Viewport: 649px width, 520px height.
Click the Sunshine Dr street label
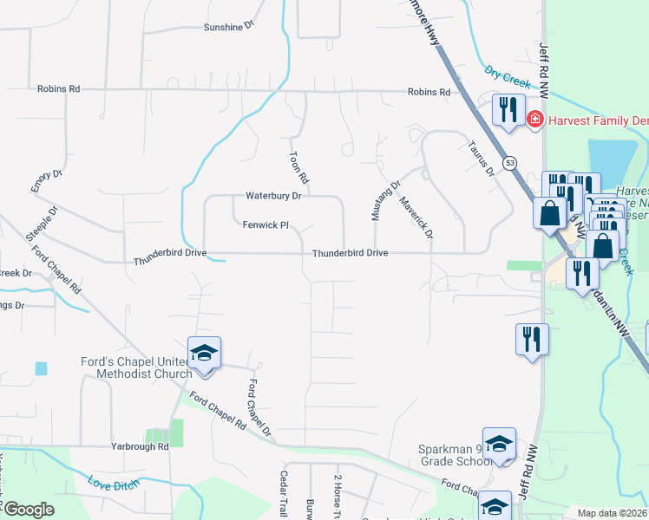pos(228,27)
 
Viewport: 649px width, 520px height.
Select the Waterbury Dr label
pos(272,196)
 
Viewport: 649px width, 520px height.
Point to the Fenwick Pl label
pos(265,224)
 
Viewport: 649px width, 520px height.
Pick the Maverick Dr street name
pos(416,217)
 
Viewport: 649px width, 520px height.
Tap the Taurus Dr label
pos(480,159)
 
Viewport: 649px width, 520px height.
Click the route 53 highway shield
pos(509,163)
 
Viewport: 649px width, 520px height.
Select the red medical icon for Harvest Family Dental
pos(535,119)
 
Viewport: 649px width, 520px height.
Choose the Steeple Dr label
pos(42,223)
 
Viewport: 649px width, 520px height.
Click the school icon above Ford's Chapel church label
pos(204,354)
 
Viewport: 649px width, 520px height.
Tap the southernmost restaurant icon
pos(532,338)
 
